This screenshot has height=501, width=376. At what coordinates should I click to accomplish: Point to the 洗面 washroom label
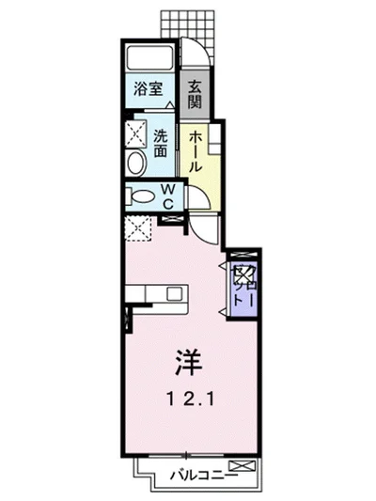162,140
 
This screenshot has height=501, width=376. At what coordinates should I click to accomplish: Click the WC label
167,196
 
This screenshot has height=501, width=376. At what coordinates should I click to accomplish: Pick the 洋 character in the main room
184,361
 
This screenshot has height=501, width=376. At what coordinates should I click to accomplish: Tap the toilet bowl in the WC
142,196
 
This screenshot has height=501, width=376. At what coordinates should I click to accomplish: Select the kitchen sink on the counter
174,293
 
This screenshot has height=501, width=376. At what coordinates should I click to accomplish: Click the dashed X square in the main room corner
138,227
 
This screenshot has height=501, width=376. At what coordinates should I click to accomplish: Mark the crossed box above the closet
241,256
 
